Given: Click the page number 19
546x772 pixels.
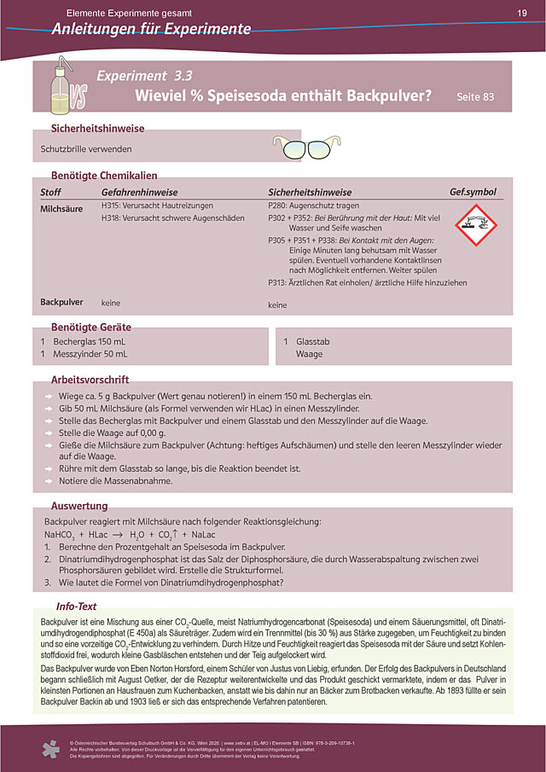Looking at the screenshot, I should click(521, 13).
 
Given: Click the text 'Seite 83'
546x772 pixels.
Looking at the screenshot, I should click(475, 97).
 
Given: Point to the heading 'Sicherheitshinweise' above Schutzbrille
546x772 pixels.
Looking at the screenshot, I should click(98, 129).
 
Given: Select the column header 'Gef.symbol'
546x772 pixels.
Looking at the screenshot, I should click(473, 192).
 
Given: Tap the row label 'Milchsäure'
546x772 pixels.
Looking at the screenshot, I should click(61, 207).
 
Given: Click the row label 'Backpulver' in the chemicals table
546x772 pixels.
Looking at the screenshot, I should click(61, 302).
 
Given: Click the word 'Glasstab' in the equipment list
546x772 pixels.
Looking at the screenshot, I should click(313, 341).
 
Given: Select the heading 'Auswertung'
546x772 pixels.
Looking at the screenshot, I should click(79, 505).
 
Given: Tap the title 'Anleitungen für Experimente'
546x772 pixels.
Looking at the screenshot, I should click(150, 30).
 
